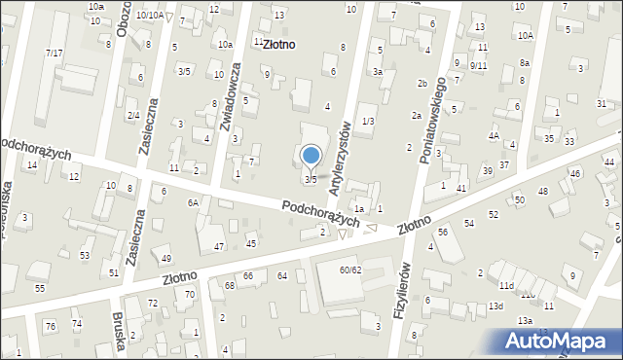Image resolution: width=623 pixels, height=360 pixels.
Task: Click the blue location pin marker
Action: click(x=311, y=156)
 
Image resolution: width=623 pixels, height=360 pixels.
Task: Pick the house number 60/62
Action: click(x=350, y=270)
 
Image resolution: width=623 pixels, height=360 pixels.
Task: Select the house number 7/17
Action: click(x=55, y=52)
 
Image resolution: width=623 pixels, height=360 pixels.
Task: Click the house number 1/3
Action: click(x=367, y=121)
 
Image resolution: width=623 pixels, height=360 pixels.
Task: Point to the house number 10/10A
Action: click(x=149, y=16)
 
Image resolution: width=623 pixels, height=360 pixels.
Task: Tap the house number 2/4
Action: click(x=133, y=116)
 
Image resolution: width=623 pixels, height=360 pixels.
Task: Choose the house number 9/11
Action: click(x=478, y=65)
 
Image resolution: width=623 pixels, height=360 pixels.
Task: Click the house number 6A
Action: click(x=193, y=201)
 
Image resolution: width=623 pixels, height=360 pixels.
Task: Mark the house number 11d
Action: click(x=505, y=286)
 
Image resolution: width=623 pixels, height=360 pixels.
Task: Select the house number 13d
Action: click(x=495, y=306)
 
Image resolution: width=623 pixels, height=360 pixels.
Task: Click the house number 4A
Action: click(x=494, y=136)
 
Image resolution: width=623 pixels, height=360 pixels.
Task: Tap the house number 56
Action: click(x=443, y=232)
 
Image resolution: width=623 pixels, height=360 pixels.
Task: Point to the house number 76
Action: click(x=50, y=326)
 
